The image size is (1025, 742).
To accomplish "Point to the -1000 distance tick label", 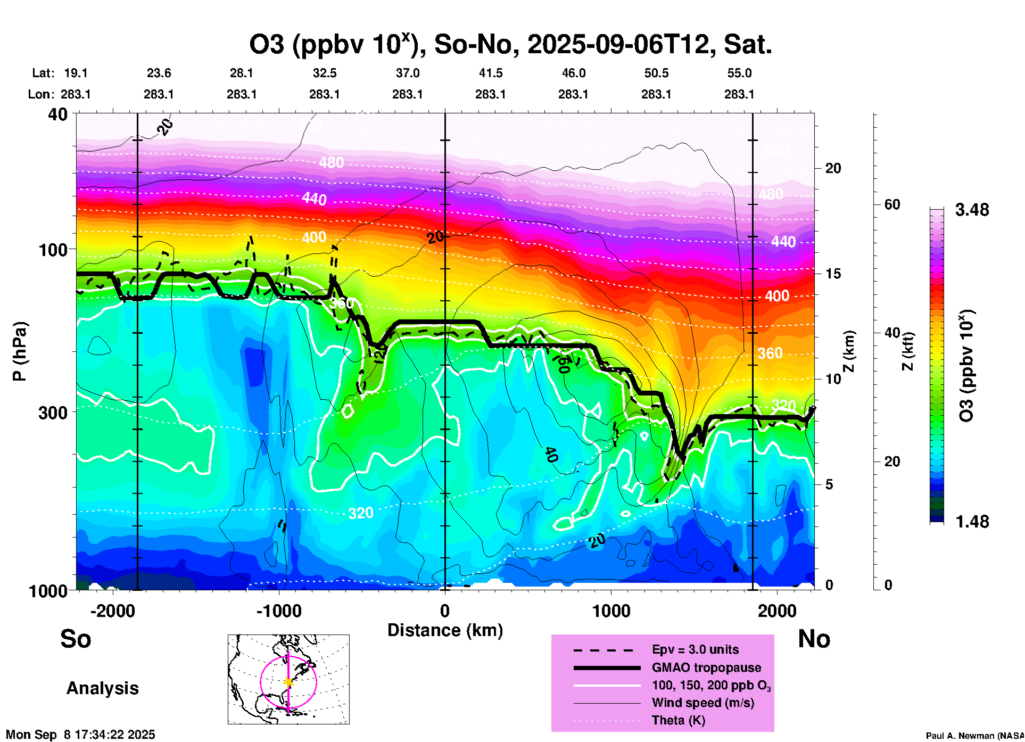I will point(279,611).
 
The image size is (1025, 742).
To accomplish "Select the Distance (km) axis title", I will point(445,630).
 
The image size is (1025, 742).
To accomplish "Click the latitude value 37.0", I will point(408,73).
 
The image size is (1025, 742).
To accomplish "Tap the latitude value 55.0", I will point(739,73).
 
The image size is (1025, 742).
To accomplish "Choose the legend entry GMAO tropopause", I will point(706,667).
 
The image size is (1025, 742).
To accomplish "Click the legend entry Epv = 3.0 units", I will point(695,650).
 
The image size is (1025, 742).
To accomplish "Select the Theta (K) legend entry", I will point(678,721).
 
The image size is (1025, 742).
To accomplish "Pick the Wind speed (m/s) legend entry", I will point(702,703).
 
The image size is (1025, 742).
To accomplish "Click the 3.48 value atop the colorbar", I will point(972,210).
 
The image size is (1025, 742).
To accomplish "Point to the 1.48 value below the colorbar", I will point(972,522).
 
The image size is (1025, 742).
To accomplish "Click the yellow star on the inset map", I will point(288,682).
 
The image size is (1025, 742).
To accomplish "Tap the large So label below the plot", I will point(76,639).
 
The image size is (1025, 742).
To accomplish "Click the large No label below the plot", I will point(814,639).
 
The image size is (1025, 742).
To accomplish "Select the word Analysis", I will point(102,688).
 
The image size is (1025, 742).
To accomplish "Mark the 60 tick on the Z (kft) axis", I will point(892,204).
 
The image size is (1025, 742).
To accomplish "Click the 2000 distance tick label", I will point(777,611).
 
